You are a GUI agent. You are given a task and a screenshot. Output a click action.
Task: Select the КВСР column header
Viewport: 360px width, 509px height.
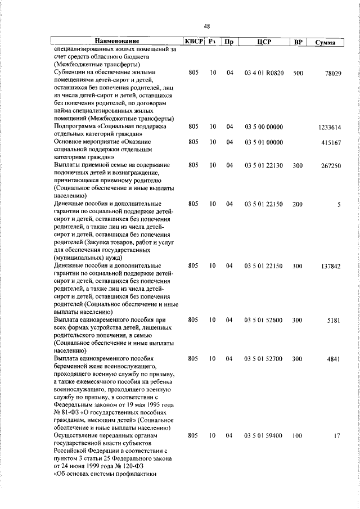[x=192, y=42]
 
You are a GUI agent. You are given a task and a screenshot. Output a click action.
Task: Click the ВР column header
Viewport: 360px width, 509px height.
[x=298, y=42]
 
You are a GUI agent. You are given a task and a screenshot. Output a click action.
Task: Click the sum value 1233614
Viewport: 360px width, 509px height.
[x=329, y=128]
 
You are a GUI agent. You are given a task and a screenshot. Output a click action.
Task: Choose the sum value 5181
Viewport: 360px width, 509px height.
[x=334, y=321]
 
